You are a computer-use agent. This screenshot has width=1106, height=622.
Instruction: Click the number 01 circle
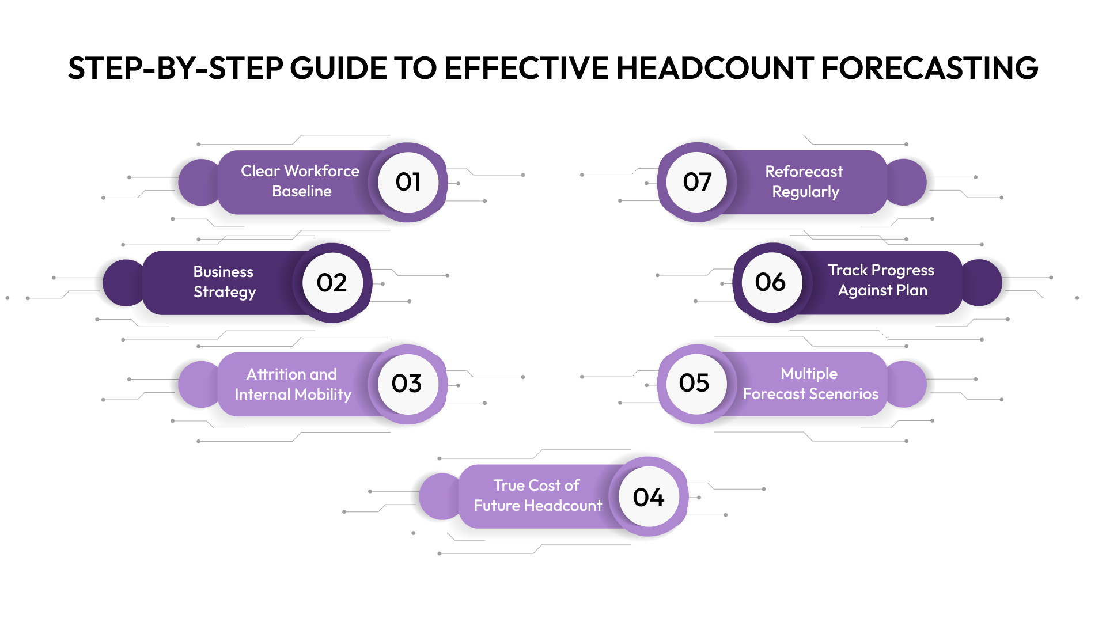408,182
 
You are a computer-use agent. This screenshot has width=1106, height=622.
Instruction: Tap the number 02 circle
332,282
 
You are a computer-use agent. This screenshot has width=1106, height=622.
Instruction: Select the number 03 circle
407,384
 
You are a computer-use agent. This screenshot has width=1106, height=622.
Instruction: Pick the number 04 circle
649,497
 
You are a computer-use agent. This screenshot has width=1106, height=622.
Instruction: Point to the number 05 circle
695,383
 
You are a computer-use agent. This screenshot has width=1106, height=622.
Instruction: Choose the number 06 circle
771,282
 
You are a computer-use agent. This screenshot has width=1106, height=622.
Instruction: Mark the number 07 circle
697,182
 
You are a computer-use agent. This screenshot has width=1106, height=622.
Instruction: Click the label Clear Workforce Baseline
300,181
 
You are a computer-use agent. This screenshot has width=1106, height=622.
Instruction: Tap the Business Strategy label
224,282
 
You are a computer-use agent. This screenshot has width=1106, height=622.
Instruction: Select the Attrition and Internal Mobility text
293,384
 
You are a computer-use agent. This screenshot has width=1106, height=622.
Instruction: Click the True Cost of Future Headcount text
537,495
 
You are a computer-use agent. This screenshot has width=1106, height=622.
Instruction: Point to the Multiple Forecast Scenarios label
810,384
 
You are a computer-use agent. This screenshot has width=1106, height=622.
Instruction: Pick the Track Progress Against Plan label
882,280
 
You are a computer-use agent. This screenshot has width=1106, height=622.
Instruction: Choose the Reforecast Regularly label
805,181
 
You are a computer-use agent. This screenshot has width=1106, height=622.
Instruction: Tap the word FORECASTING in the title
929,68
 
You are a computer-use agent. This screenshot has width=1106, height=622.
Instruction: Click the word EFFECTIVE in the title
527,68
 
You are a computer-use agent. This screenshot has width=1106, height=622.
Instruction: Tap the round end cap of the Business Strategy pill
122,283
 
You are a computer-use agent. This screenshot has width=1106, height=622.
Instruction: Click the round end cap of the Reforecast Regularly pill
907,182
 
